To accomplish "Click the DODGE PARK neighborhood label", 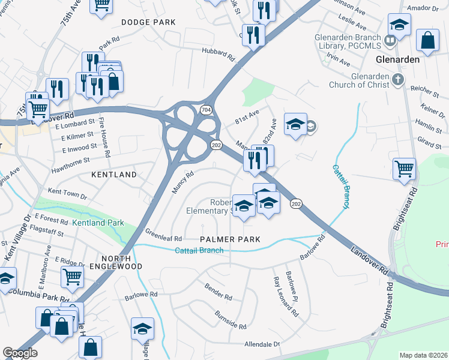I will pyautogui.click(x=148, y=22).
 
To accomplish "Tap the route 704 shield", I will pyautogui.click(x=206, y=110).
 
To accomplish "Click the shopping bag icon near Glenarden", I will pyautogui.click(x=427, y=40).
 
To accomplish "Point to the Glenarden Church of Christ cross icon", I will pyautogui.click(x=397, y=79).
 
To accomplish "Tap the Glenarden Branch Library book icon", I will pyautogui.click(x=390, y=41).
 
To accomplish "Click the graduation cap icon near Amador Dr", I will pyautogui.click(x=399, y=25).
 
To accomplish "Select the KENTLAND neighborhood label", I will pyautogui.click(x=113, y=175).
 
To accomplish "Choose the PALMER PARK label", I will pyautogui.click(x=231, y=239).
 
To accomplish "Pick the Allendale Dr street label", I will pyautogui.click(x=262, y=344).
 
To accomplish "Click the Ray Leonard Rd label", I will pyautogui.click(x=285, y=297).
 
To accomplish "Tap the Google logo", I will pyautogui.click(x=20, y=353).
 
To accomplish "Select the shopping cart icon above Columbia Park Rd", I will pyautogui.click(x=72, y=276).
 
